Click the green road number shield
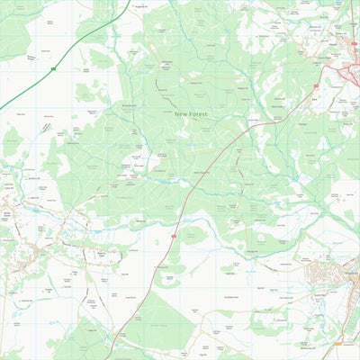(53, 68)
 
